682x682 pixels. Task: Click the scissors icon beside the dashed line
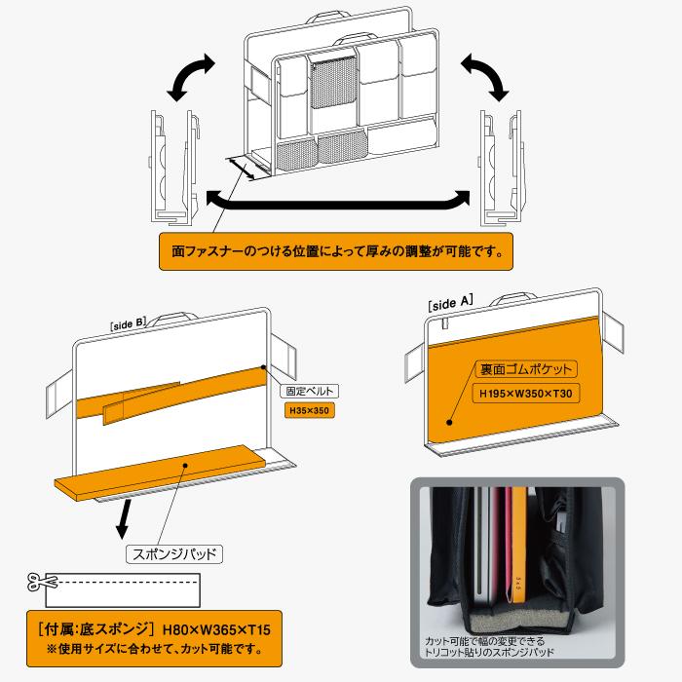(x=43, y=582)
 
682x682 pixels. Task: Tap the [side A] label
(x=450, y=304)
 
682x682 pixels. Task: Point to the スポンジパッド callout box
(x=174, y=554)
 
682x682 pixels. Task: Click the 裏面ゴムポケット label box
(x=525, y=370)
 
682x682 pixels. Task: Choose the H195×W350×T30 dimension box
(x=525, y=395)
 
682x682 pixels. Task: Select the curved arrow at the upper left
(x=189, y=76)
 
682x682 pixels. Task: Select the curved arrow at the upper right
(x=487, y=74)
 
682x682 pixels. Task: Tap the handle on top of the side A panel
(x=519, y=295)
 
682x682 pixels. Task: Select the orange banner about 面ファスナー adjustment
(x=334, y=251)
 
